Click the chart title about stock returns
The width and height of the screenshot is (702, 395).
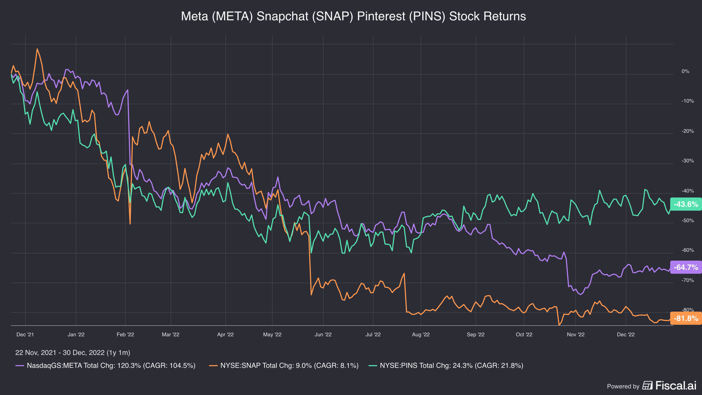coord(353,16)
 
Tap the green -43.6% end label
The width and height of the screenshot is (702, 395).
coord(686,204)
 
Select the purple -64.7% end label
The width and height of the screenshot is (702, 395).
coord(686,267)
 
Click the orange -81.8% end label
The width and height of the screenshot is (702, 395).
coord(686,318)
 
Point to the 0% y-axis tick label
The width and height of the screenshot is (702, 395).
coord(685,71)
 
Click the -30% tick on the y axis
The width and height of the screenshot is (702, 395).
coord(688,161)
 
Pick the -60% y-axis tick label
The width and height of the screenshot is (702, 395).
coord(688,250)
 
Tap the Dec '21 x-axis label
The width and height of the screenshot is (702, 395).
coord(25,334)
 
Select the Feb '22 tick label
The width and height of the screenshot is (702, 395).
coord(125,334)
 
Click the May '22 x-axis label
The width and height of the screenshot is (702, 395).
coord(272,334)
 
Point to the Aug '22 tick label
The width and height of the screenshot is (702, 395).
coord(421,334)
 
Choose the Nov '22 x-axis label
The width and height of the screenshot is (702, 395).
coord(576,334)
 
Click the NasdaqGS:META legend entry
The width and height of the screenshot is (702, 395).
coord(106,366)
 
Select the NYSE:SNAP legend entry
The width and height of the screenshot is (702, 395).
coord(284,366)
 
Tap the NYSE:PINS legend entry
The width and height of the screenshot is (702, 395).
coord(446,366)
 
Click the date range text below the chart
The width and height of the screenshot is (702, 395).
coord(73,353)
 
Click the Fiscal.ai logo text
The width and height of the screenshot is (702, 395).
coord(676,386)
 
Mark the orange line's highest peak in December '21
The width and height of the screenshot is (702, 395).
coord(37,49)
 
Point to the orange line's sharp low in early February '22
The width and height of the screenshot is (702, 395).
coord(130,224)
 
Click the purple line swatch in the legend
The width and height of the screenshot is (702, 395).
coord(20,366)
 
